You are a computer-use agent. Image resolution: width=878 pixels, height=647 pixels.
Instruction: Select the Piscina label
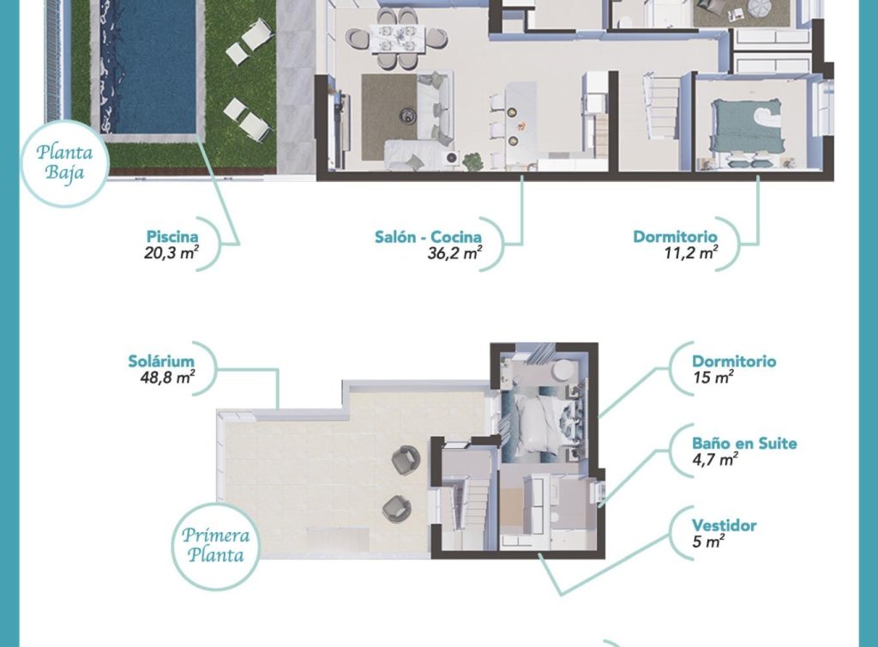171,237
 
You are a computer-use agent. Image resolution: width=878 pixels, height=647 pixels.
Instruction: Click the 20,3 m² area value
171,253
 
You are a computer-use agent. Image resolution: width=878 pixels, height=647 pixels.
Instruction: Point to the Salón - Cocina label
427,237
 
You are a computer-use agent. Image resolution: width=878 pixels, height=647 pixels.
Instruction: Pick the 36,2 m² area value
454,253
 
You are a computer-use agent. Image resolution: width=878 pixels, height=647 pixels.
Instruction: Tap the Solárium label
161,361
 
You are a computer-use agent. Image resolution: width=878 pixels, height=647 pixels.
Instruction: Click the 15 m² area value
712,378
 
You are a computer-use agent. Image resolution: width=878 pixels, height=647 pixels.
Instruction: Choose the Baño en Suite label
744,444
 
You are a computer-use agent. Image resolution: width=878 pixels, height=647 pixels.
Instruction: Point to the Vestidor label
724,525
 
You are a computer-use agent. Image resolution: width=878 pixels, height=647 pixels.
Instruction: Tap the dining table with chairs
396,39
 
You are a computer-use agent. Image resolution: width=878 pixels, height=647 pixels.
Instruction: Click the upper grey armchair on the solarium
406,461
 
